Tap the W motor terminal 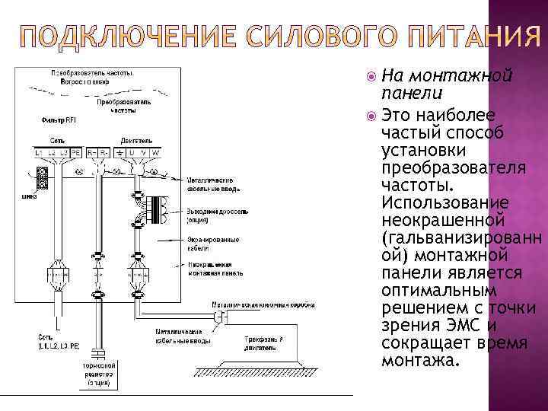[156, 153]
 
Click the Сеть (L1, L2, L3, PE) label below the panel [58, 340]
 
